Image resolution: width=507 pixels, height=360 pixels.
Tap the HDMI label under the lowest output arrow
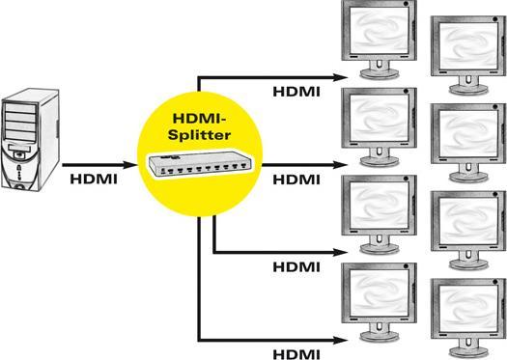click(x=298, y=353)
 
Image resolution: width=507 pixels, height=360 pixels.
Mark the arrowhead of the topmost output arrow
click(x=340, y=73)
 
